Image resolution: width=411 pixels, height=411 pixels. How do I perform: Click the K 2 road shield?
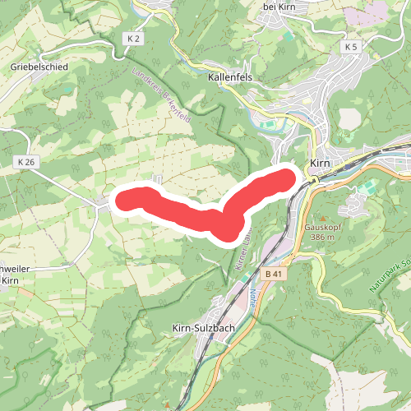tap(134, 39)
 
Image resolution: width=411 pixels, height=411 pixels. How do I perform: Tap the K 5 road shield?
tap(352, 47)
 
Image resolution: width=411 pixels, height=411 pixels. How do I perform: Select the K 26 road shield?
tap(26, 162)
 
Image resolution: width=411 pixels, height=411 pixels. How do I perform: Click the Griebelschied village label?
tap(39, 67)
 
